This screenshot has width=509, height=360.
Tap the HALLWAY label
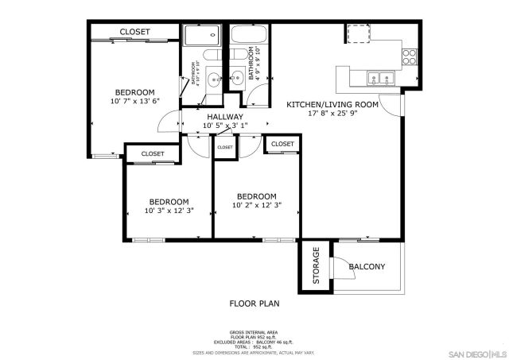225,116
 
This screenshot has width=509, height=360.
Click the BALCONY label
367,266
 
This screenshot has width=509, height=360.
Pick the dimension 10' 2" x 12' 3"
257,206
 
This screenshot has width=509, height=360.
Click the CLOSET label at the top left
134,32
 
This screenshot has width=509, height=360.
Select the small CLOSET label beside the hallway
225,147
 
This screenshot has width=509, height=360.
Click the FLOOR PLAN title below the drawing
254,303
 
